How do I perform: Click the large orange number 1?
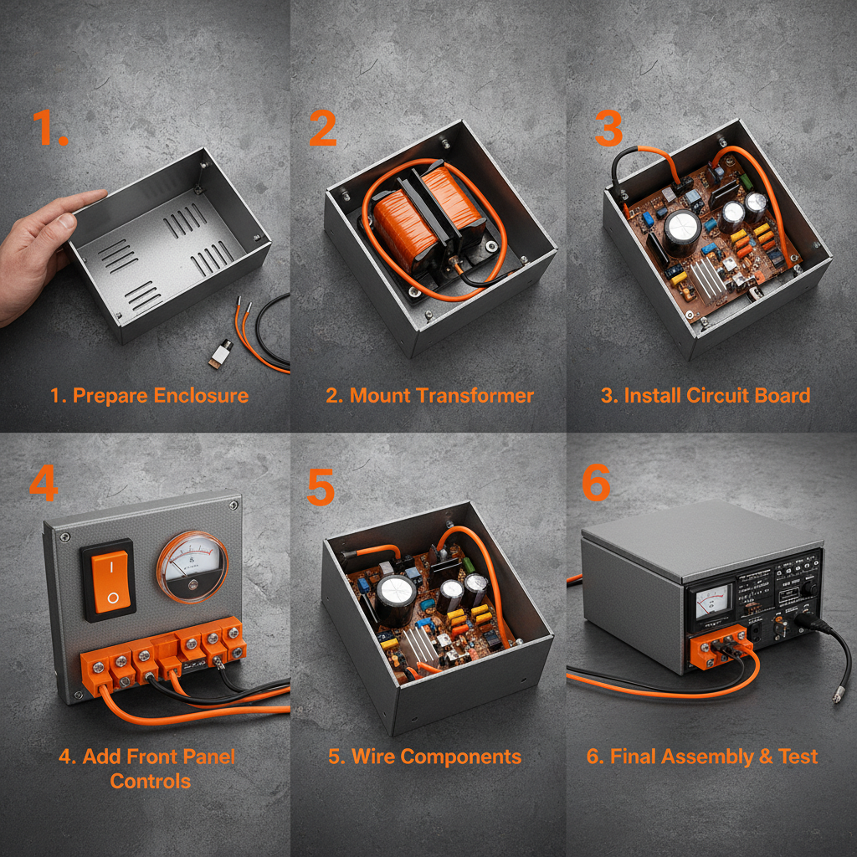48,128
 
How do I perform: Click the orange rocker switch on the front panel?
107,579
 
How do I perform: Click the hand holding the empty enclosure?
38,251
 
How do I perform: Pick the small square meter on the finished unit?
709,602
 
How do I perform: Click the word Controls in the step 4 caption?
151,781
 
